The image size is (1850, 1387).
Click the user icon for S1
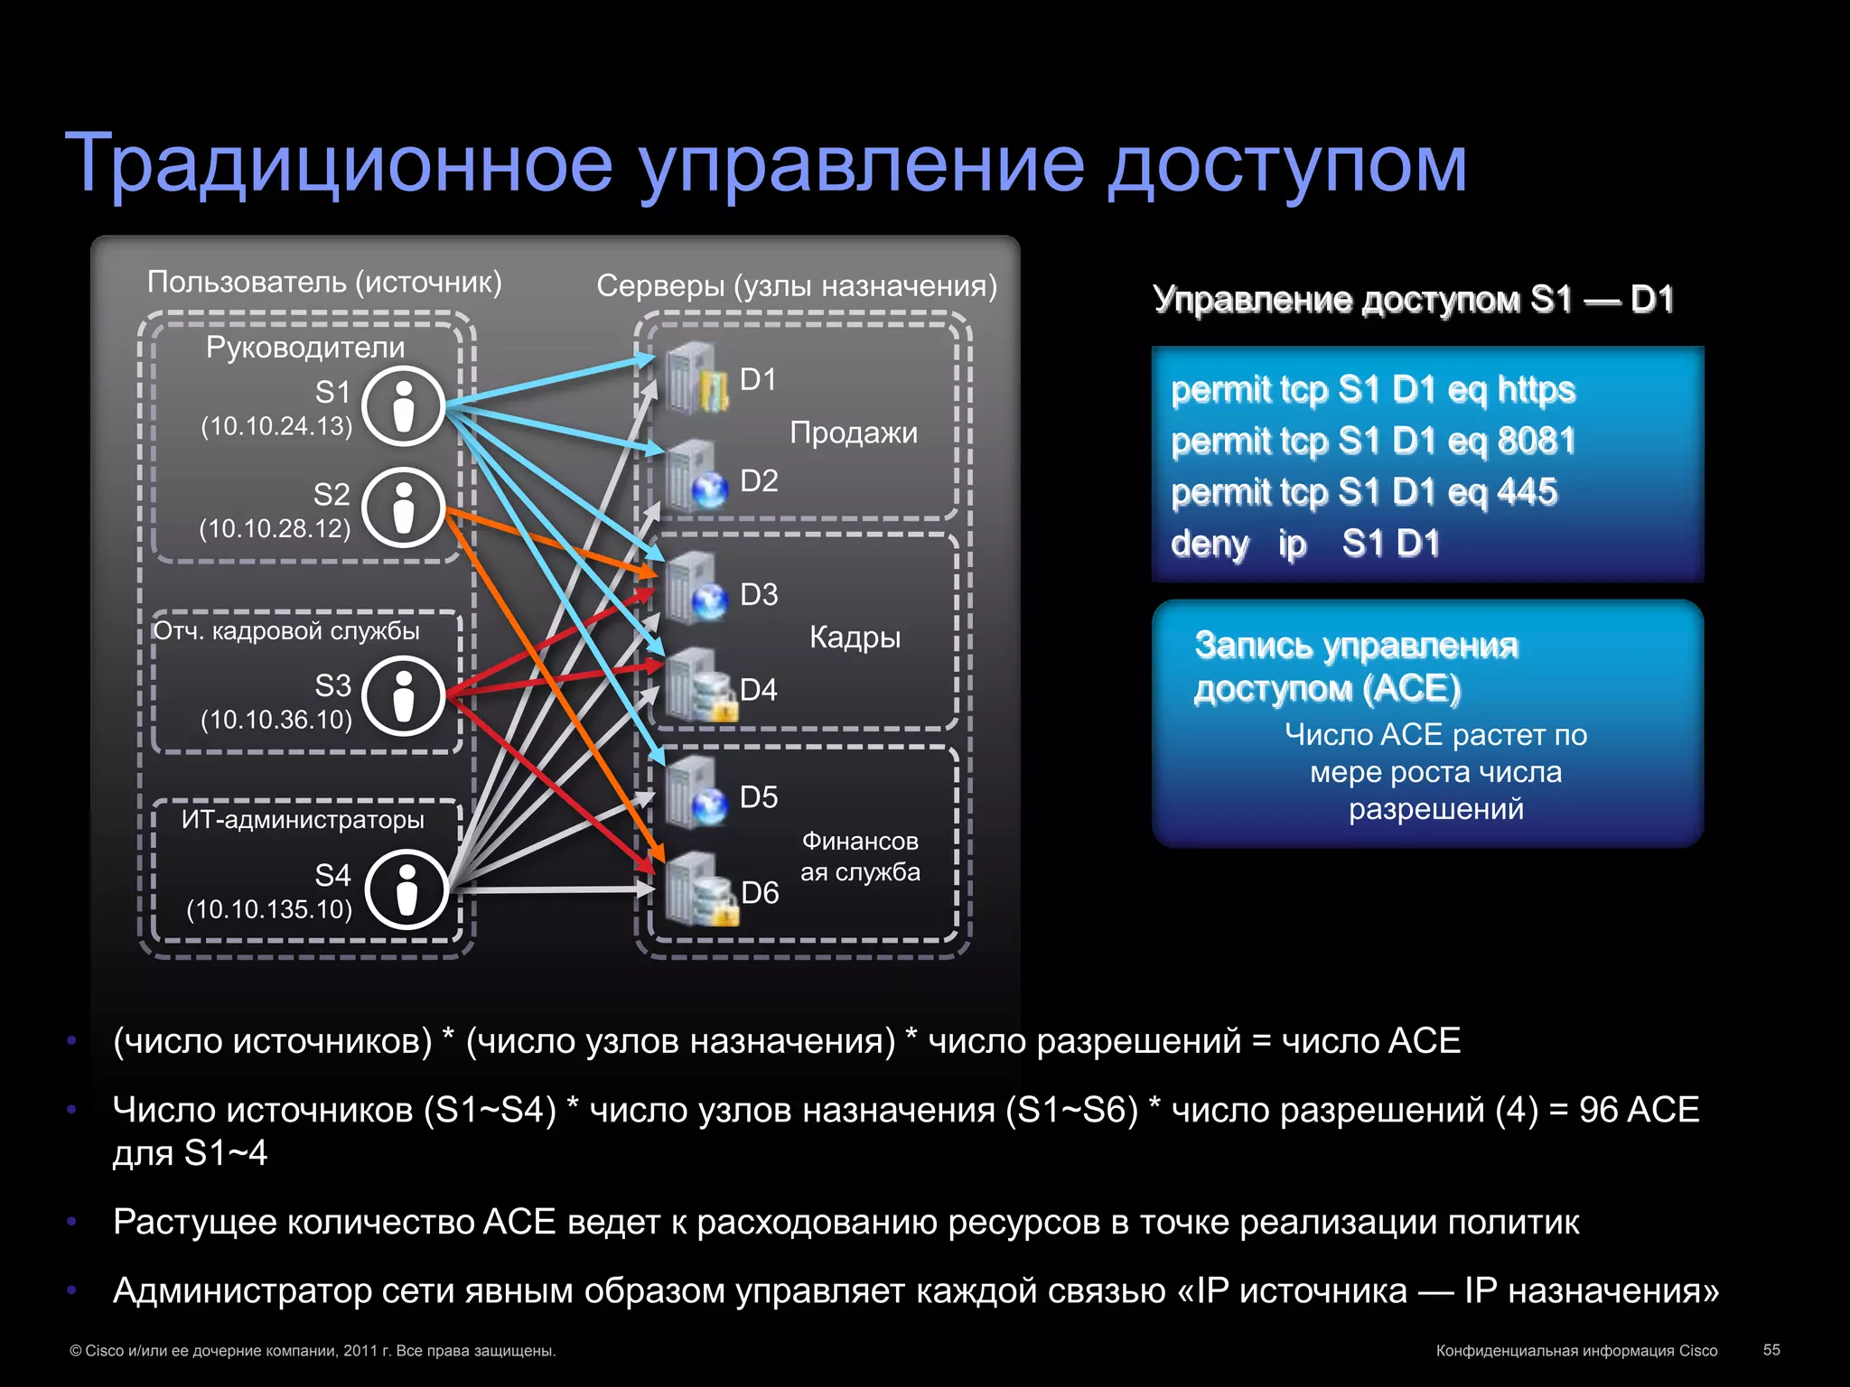pyautogui.click(x=404, y=406)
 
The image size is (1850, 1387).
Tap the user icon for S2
pyautogui.click(x=404, y=508)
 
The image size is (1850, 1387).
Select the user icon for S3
pyautogui.click(x=404, y=696)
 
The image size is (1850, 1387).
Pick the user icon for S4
pyautogui.click(x=407, y=889)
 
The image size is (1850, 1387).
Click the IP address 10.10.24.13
pyautogui.click(x=276, y=426)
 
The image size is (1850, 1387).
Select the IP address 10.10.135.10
pyautogui.click(x=269, y=909)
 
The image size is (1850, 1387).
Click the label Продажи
pyautogui.click(x=854, y=433)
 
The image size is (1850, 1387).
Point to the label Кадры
pyautogui.click(x=855, y=637)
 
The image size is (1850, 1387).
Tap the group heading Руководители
pyautogui.click(x=305, y=347)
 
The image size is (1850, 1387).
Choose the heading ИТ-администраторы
pyautogui.click(x=303, y=819)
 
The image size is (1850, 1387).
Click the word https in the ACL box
pyautogui.click(x=1536, y=389)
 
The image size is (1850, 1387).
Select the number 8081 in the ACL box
pyautogui.click(x=1536, y=441)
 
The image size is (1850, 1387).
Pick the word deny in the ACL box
pyautogui.click(x=1210, y=544)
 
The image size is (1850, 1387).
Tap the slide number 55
pyautogui.click(x=1771, y=1349)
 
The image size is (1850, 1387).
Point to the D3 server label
pyautogui.click(x=759, y=594)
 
